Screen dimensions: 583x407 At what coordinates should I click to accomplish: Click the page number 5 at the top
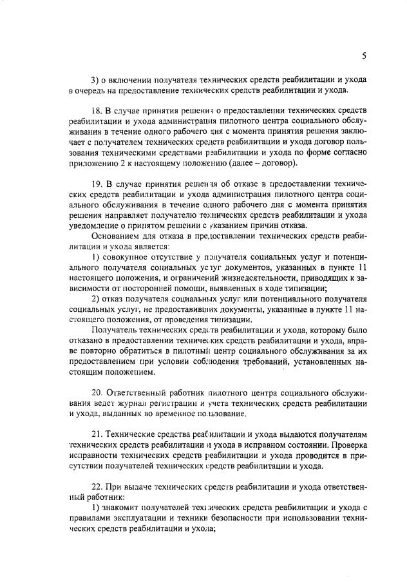(x=364, y=56)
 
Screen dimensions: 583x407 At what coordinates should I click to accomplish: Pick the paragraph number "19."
(x=97, y=184)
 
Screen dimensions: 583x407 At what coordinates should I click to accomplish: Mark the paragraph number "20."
(x=97, y=394)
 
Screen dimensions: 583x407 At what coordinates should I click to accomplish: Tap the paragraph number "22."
(x=97, y=487)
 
